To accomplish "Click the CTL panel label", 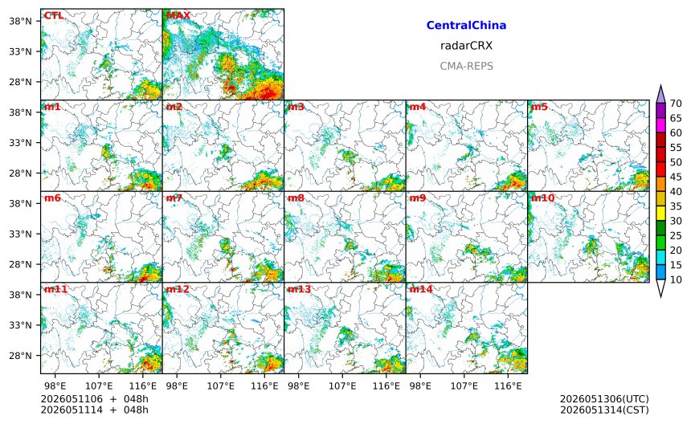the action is (x=54, y=15).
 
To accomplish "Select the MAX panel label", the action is (x=178, y=15).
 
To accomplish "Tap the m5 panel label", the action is (x=539, y=107).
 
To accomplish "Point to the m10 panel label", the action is (x=542, y=198).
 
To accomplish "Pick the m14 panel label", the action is (x=421, y=289).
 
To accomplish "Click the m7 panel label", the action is (x=174, y=198).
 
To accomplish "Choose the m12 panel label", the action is (x=177, y=289).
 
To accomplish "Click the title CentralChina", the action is (x=466, y=25).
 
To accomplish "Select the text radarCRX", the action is (x=466, y=45).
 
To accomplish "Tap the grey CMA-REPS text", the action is (x=466, y=66).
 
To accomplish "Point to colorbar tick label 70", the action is (x=676, y=104).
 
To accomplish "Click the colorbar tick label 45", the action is (x=676, y=177).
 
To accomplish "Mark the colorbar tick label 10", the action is (x=676, y=279).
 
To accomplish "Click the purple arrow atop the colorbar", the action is (x=660, y=94).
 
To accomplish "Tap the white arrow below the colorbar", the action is (x=660, y=288).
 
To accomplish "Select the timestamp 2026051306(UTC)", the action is (x=604, y=399).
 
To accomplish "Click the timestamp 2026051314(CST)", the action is (x=604, y=410).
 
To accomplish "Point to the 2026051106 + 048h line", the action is (x=94, y=399).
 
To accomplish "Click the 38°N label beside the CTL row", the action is (x=20, y=21).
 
